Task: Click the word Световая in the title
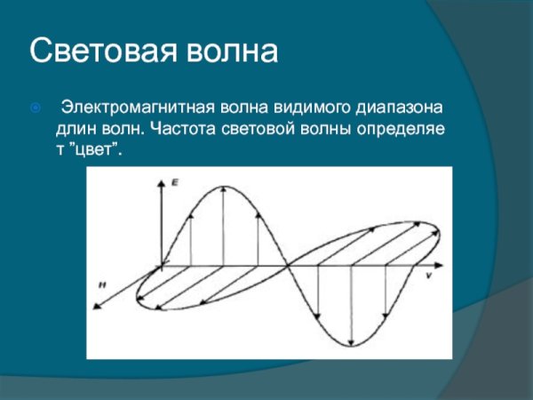tap(97, 52)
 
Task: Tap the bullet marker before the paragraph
tap(36, 109)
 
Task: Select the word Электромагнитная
tap(133, 109)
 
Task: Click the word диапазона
tap(400, 109)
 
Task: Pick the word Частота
tap(179, 130)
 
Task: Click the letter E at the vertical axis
tap(175, 181)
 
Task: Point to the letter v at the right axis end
tap(428, 276)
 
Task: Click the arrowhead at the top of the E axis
tap(162, 181)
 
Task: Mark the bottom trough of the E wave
tap(352, 346)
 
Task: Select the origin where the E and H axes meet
tap(162, 265)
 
